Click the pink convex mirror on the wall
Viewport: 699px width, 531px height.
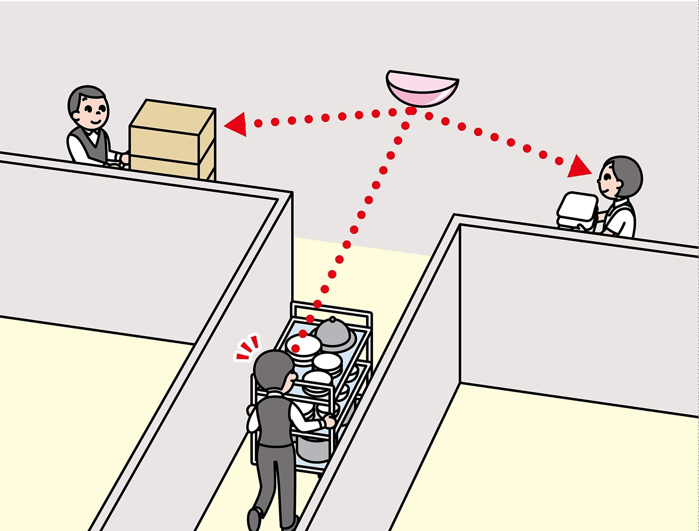coord(422,90)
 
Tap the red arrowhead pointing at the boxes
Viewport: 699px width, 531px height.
coord(237,125)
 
